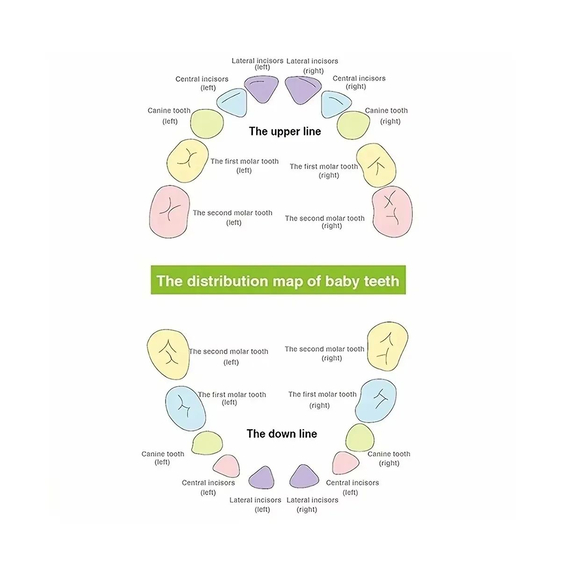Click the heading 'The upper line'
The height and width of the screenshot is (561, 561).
coord(285,131)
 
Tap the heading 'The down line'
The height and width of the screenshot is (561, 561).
coord(282,434)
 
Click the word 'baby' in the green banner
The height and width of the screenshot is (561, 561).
coord(342,281)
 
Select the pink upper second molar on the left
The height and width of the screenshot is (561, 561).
coord(169,212)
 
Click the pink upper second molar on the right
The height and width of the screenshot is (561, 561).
coord(392,212)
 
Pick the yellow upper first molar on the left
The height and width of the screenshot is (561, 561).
coord(187,161)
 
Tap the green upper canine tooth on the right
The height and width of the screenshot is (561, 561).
coord(353,125)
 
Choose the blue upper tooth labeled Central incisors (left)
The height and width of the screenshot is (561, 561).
coord(232,102)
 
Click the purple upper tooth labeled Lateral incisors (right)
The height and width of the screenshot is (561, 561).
coord(302,90)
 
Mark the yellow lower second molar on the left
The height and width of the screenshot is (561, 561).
coord(168,354)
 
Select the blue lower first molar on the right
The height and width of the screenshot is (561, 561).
coord(376,401)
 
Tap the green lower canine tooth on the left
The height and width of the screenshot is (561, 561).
coord(207,443)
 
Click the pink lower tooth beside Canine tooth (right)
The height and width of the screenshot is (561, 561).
coord(345,463)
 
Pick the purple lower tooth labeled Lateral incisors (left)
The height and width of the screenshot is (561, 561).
coord(262,478)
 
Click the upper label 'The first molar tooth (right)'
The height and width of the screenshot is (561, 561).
coord(324,171)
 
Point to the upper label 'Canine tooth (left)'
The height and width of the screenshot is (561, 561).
coord(169,116)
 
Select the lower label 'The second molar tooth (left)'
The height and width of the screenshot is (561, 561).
coord(229,357)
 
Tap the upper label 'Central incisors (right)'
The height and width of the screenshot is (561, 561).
coord(359,82)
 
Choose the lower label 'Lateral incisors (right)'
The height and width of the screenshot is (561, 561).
coord(312,505)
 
